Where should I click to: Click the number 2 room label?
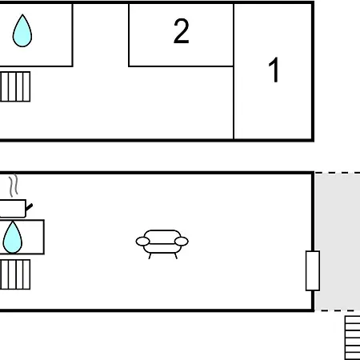tap(182, 31)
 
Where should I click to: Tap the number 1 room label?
tap(274, 70)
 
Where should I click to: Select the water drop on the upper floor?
tap(22, 30)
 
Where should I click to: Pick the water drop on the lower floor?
tap(13, 237)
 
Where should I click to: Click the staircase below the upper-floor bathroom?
tap(15, 86)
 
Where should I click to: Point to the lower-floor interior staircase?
tap(15, 274)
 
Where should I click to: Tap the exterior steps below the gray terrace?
tap(352, 338)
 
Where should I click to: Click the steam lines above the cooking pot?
tap(14, 186)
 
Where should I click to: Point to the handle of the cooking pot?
tap(30, 207)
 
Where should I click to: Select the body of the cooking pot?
tap(13, 209)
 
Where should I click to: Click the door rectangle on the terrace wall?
tap(313, 270)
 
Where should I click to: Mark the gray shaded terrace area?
tap(338, 242)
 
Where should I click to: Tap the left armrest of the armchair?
tap(142, 242)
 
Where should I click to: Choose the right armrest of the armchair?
tap(182, 242)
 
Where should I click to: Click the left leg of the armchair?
tap(150, 256)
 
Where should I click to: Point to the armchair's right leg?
tap(176, 256)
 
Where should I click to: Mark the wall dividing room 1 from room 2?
tap(234, 71)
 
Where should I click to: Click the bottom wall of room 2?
tap(181, 66)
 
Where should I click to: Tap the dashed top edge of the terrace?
tap(338, 173)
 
